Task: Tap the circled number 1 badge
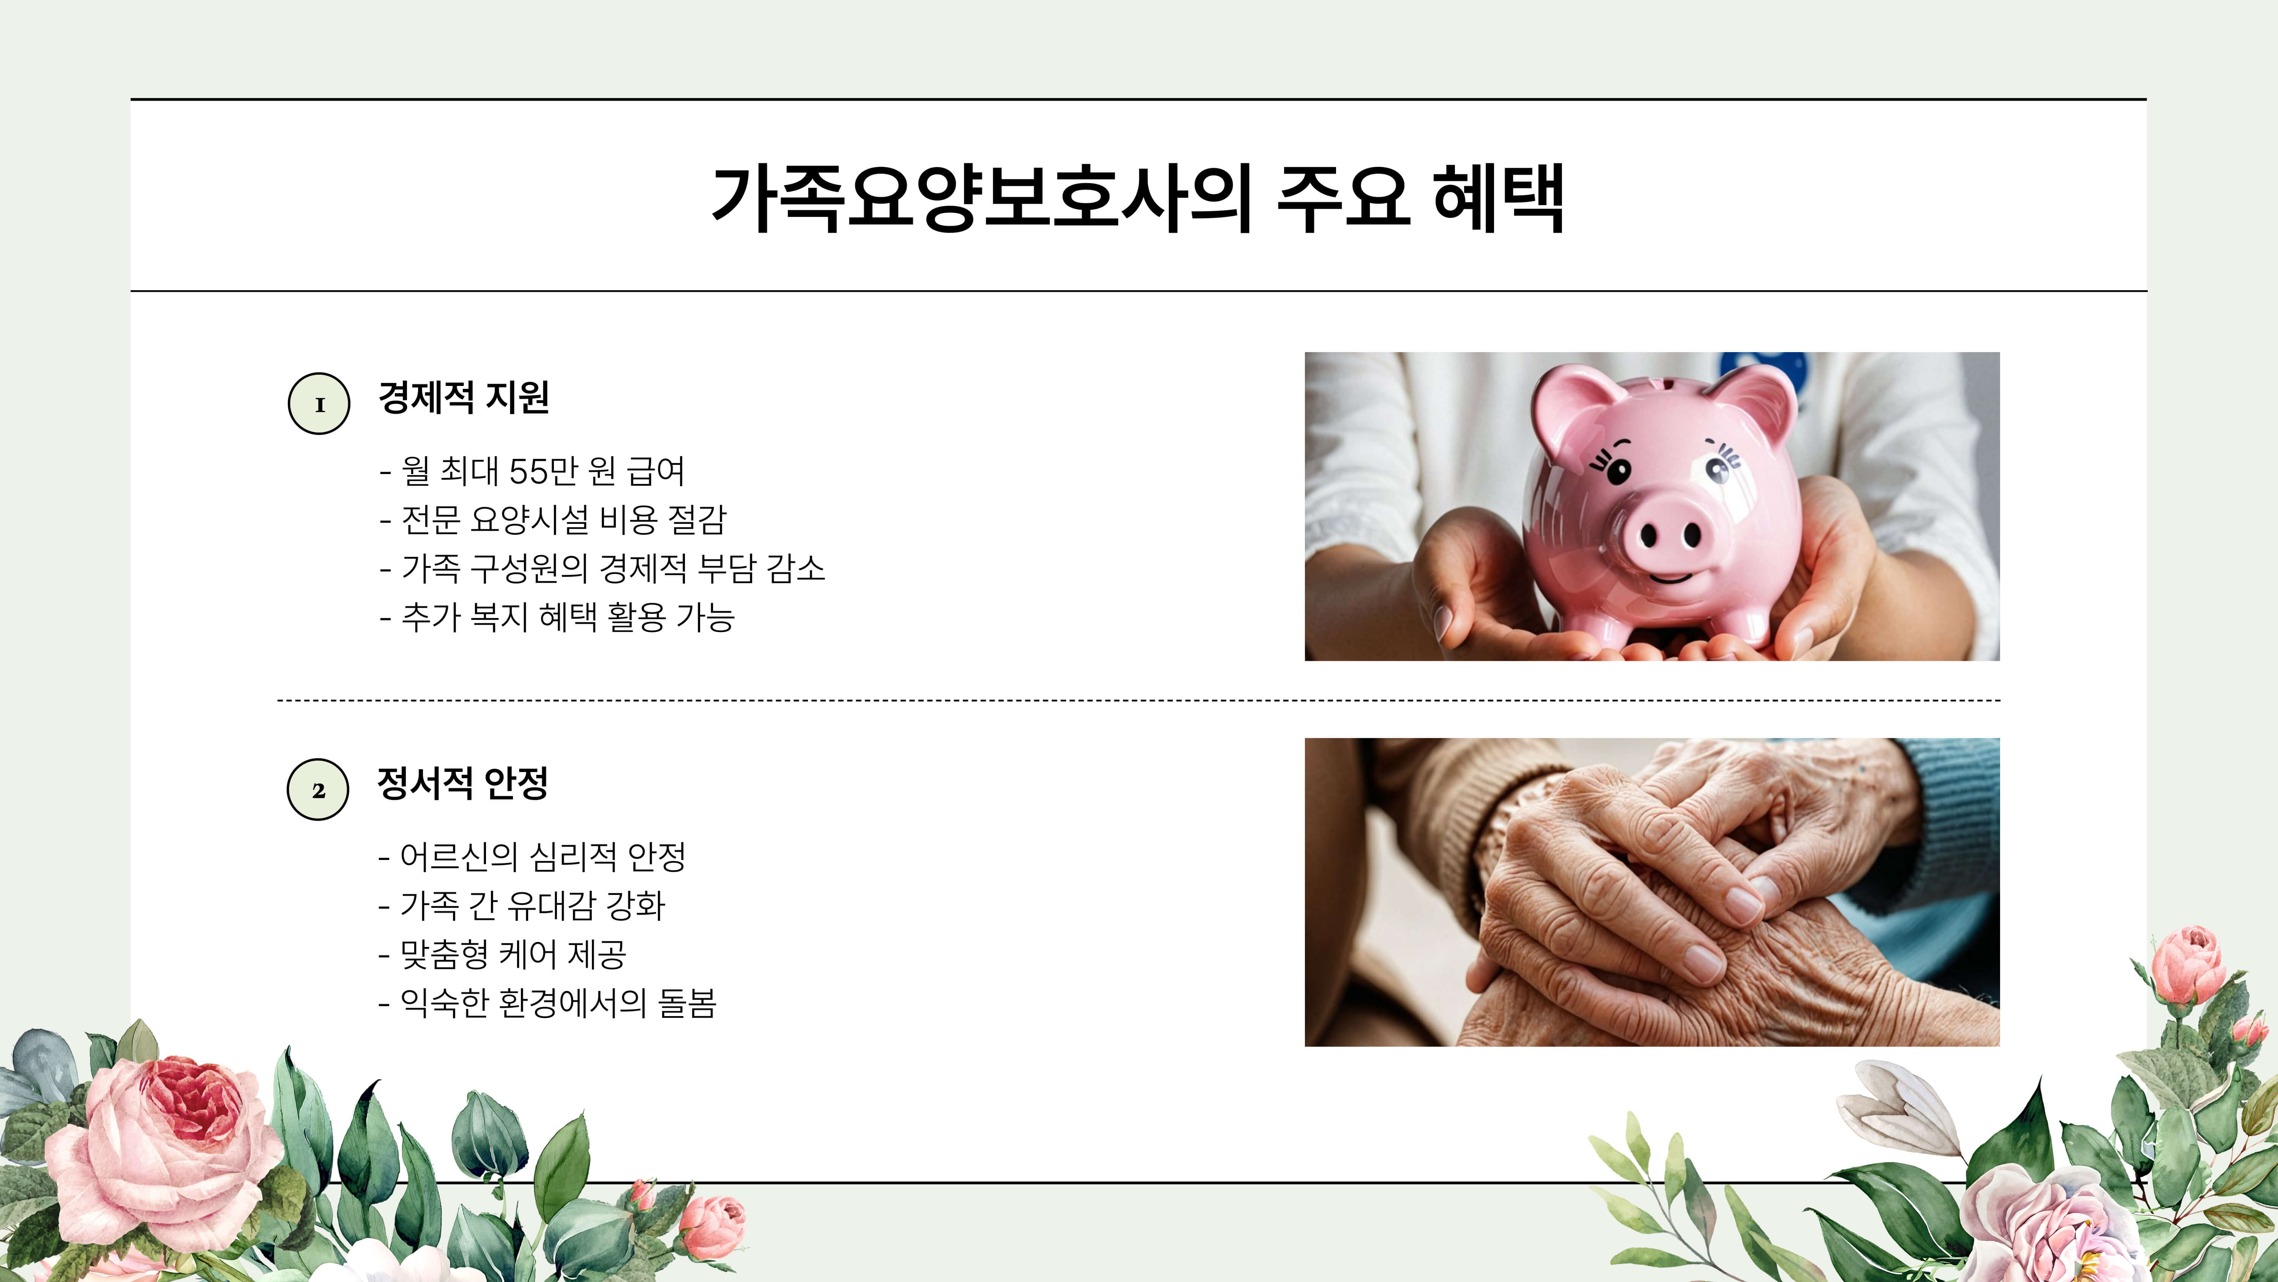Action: click(x=319, y=404)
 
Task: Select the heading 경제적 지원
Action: click(x=463, y=397)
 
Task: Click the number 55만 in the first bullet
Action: click(x=543, y=471)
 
